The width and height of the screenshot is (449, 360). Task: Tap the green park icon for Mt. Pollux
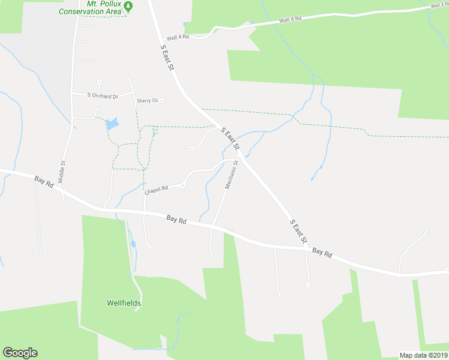coord(136,6)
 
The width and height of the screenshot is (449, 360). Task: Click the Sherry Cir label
coord(146,101)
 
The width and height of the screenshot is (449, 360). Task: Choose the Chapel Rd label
coord(156,189)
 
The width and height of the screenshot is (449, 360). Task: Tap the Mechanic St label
coord(232,175)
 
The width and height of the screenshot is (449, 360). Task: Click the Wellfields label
coord(124,303)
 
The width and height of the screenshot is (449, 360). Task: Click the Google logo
coord(20,353)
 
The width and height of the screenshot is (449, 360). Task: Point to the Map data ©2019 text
coord(424,355)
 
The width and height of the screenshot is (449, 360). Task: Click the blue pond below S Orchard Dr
coord(112,124)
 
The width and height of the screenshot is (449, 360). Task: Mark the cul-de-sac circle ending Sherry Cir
coord(161,101)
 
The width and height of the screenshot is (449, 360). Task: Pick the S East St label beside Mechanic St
coord(230,139)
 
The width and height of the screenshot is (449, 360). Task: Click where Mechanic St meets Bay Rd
coord(213,227)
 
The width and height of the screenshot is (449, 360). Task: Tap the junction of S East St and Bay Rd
coord(307,247)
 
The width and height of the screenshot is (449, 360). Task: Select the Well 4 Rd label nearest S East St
coord(178,37)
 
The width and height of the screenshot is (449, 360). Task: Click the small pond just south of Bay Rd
coord(133,244)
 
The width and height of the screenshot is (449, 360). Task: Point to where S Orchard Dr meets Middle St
coord(71,94)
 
